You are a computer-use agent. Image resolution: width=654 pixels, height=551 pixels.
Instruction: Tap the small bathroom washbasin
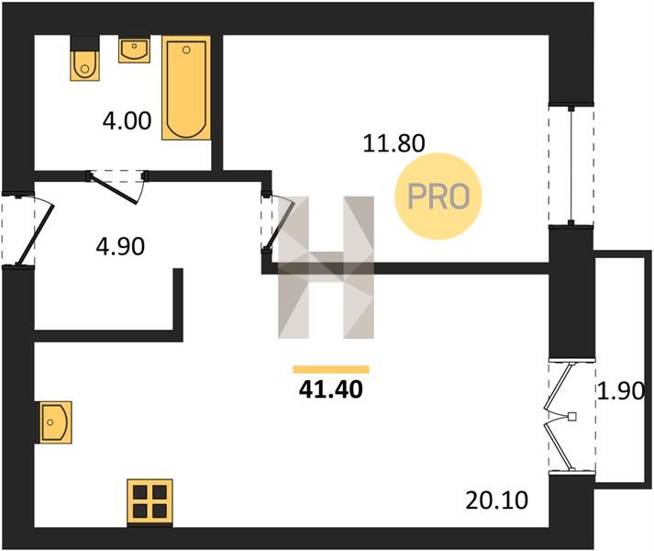coord(134,50)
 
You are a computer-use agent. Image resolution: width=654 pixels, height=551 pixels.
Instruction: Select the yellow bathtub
coord(186,88)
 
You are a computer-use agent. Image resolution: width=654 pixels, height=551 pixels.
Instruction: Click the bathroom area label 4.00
coord(127,121)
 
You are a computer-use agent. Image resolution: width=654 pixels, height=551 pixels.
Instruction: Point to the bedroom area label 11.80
coord(394,143)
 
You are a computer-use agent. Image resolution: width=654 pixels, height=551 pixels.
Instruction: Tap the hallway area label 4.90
coord(120,246)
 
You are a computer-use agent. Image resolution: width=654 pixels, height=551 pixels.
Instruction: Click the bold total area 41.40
coord(331,389)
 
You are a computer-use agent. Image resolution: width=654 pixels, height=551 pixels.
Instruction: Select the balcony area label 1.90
coord(621,391)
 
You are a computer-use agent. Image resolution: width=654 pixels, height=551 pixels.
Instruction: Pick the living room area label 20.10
coord(496,500)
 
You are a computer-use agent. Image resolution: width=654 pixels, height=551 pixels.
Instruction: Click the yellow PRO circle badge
coord(438,197)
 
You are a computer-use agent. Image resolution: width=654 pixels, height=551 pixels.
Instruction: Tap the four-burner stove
coord(150,502)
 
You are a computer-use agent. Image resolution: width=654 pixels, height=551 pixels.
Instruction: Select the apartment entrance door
coord(28,229)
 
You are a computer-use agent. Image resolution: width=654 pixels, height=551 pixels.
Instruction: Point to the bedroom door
coord(276,223)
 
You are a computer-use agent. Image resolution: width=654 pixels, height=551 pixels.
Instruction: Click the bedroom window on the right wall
coord(571,165)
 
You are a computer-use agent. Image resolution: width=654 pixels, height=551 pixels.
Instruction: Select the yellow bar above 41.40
coord(331,369)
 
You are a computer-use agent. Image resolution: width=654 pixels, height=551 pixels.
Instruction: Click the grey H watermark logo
coord(327,267)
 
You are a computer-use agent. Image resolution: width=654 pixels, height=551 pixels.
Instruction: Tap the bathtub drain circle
coord(186,51)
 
